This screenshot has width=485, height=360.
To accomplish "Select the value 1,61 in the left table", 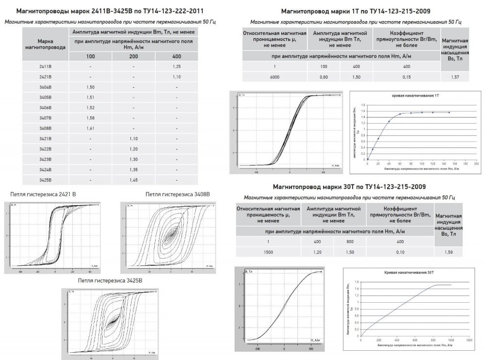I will click(90, 128).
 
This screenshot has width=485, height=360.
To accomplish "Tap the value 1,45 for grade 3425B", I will click(133, 179).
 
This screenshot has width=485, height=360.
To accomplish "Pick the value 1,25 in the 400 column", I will click(177, 66).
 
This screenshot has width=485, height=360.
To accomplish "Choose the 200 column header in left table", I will click(133, 56).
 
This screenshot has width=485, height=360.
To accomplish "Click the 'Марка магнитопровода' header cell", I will click(45, 45).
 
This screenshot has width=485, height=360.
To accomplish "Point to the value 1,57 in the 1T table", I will click(455, 77).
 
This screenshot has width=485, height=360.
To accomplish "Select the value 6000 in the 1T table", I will click(274, 77).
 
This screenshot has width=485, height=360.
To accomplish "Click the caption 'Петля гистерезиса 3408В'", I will click(178, 194).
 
